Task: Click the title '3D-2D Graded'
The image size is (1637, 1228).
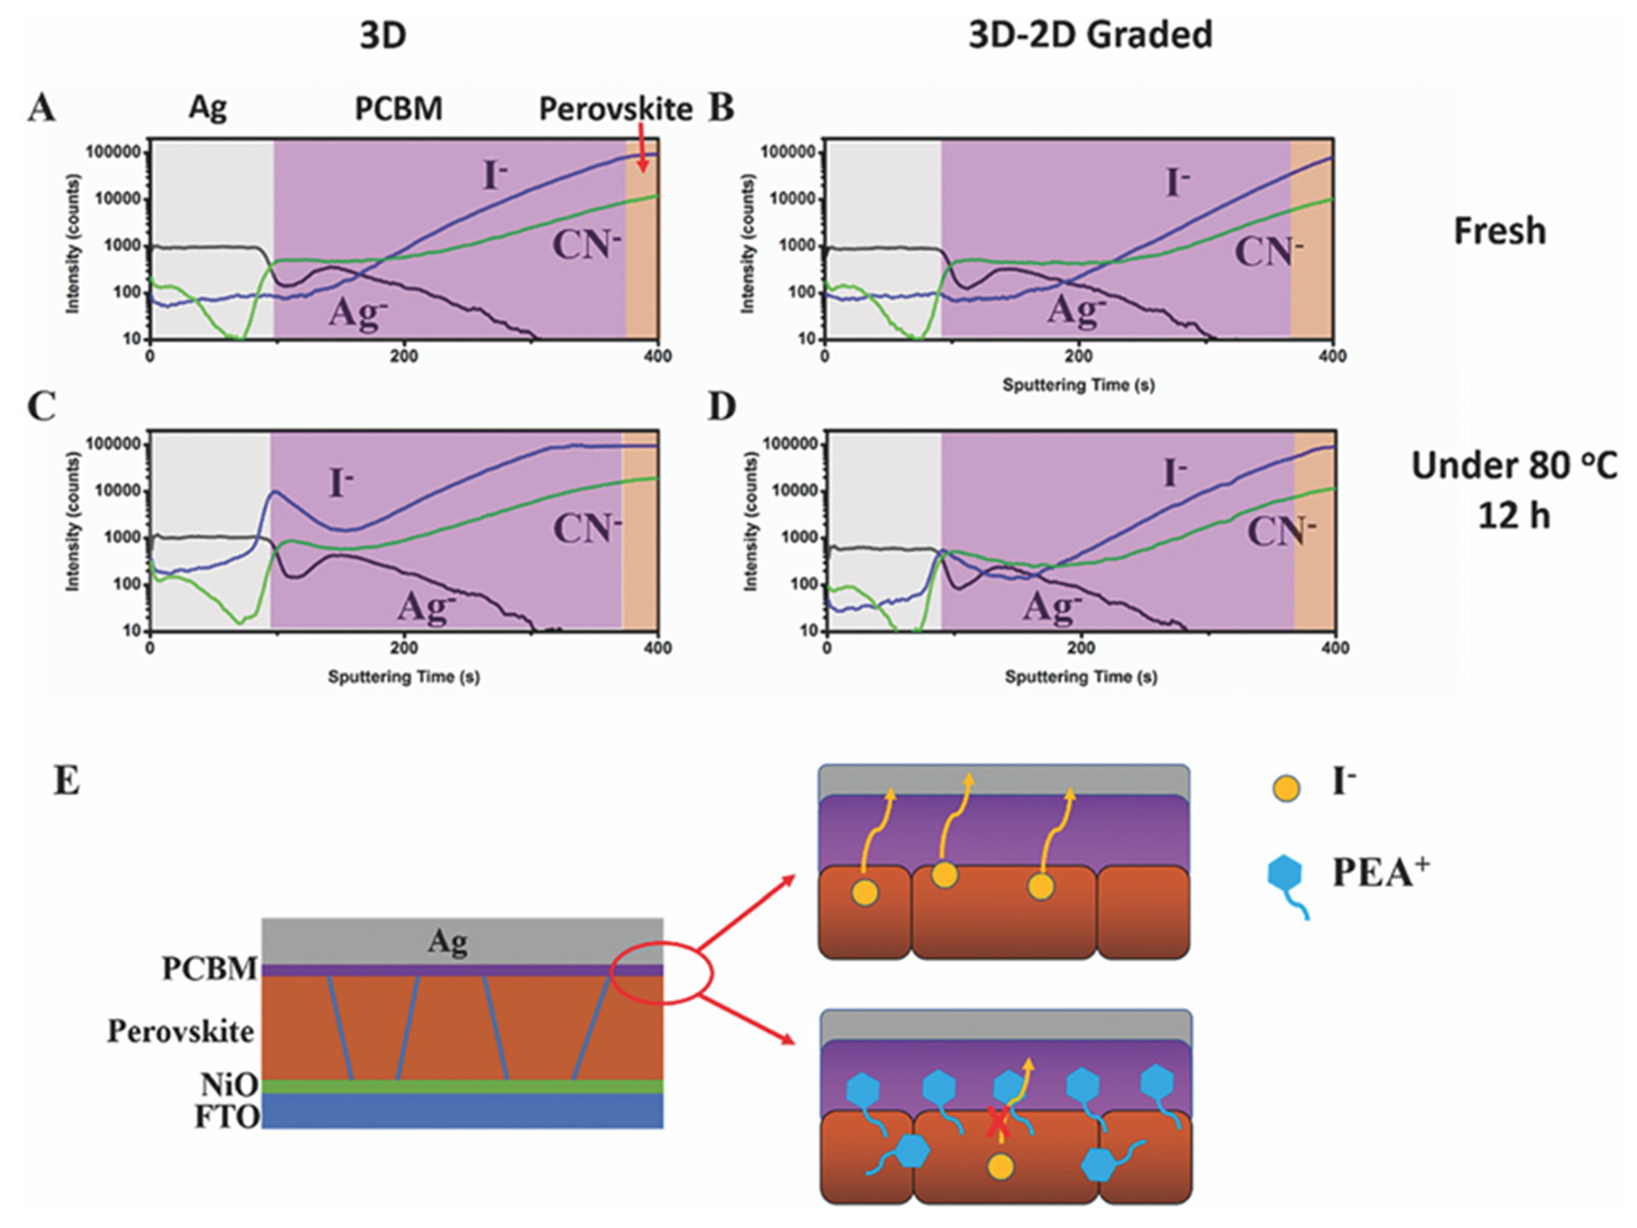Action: pyautogui.click(x=1090, y=35)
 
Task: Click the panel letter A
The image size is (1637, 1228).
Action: pyautogui.click(x=42, y=109)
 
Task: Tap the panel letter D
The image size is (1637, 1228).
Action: pyautogui.click(x=722, y=407)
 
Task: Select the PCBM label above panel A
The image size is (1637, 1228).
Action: pyautogui.click(x=398, y=109)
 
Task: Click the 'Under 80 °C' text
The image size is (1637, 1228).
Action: pyautogui.click(x=1514, y=466)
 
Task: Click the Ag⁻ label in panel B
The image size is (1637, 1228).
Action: pyautogui.click(x=1075, y=309)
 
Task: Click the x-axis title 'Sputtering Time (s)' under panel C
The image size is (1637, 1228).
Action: pyautogui.click(x=403, y=677)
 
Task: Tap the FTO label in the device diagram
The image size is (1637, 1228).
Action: pyautogui.click(x=226, y=1117)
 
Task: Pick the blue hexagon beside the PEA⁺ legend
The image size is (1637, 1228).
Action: pyautogui.click(x=1285, y=873)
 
